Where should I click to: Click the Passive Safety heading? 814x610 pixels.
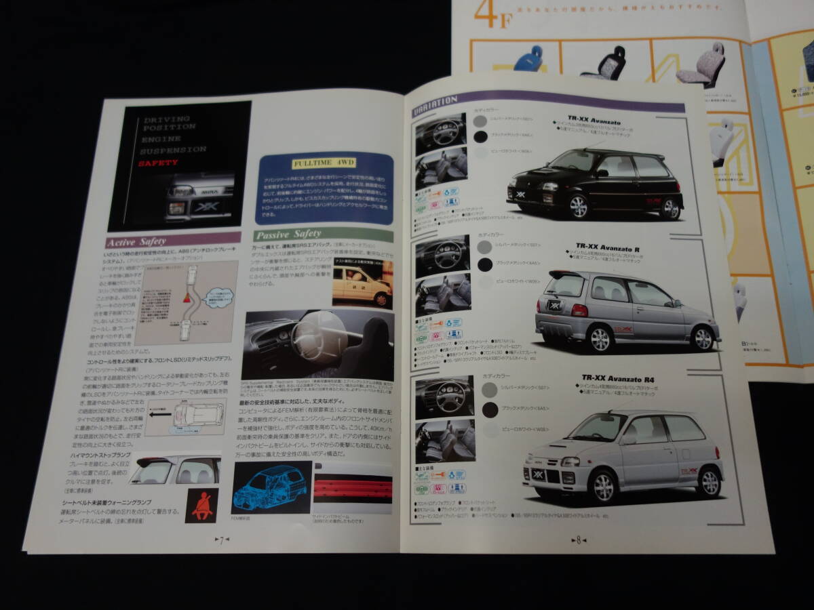point(288,235)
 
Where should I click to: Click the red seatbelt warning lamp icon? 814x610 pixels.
point(201,505)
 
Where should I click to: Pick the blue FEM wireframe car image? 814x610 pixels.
point(271,487)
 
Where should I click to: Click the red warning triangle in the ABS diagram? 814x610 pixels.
point(185,298)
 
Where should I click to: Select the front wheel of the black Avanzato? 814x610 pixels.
point(578,206)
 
